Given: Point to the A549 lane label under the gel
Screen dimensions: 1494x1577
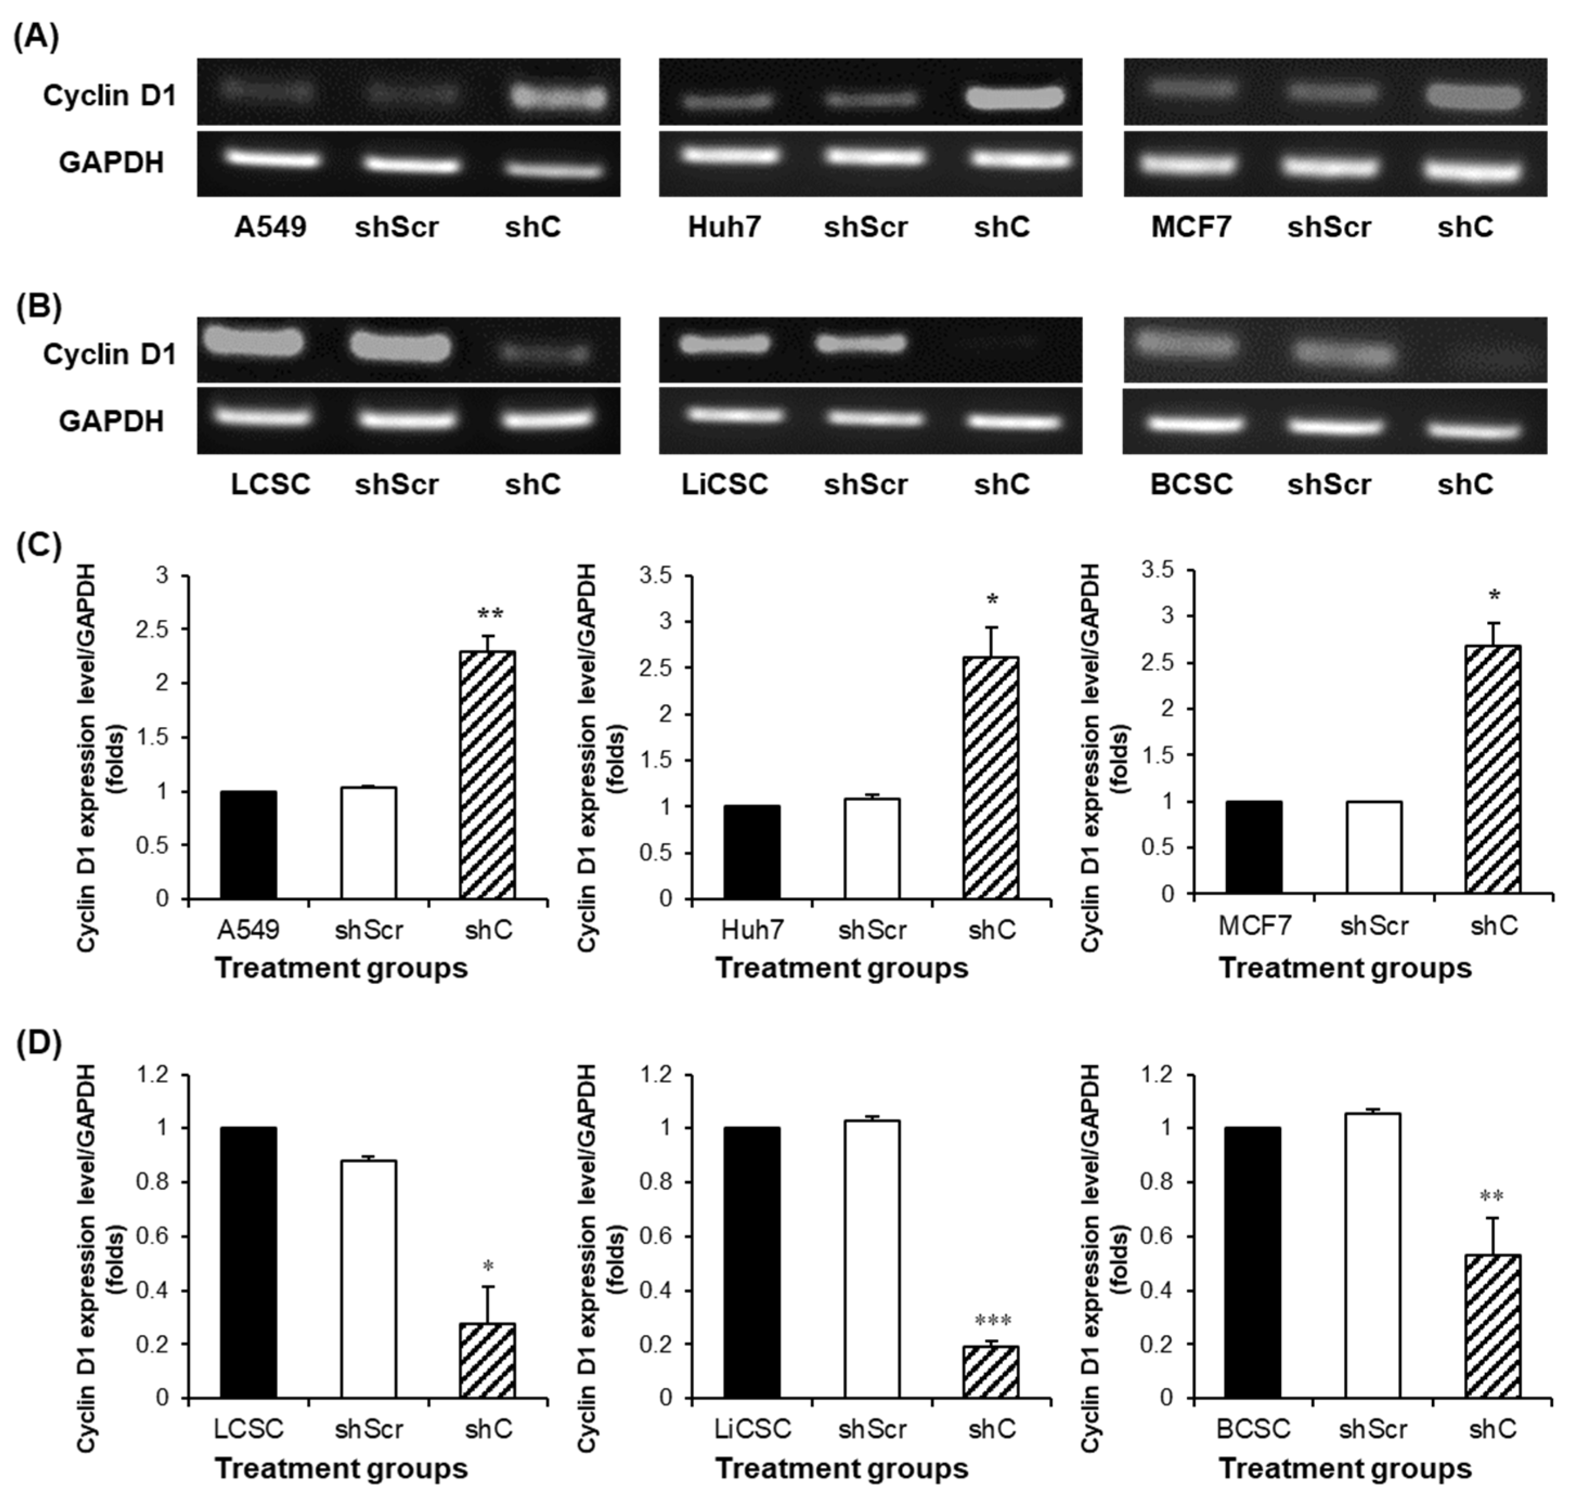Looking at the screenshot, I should [270, 227].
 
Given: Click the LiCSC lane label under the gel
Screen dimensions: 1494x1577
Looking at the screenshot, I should [725, 484].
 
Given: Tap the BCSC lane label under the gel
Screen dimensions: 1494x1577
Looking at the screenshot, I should [1191, 484].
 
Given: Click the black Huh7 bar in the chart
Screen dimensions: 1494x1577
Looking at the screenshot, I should [752, 852].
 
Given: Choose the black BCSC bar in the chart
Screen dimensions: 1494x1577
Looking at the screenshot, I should [1253, 1262].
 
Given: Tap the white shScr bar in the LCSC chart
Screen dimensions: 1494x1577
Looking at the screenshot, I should [369, 1279].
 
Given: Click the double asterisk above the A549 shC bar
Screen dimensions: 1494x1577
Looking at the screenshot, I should [490, 614].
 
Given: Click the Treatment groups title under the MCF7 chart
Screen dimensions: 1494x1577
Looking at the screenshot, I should [1345, 969].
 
